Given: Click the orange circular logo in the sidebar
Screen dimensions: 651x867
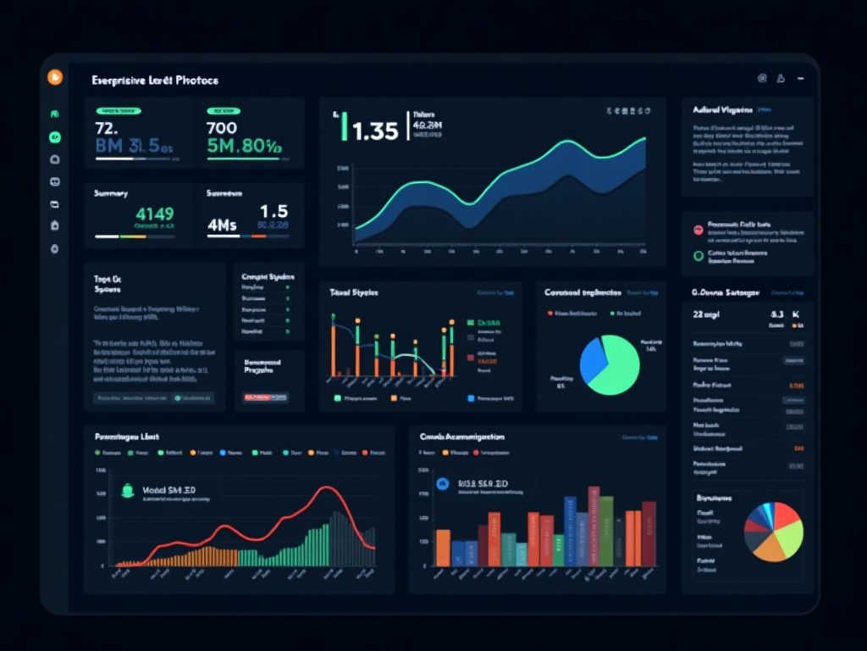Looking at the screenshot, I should (55, 77).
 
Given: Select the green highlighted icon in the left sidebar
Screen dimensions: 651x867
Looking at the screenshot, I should (55, 136).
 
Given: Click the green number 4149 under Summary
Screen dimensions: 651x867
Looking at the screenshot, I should (154, 214).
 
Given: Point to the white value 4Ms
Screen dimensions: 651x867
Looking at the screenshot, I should (222, 225).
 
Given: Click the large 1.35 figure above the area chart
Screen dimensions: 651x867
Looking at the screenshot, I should (374, 131).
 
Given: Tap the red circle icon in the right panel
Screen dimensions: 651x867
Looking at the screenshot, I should (699, 230).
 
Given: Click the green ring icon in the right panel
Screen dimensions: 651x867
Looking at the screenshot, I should (699, 255).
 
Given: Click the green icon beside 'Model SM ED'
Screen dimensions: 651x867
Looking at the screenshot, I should (128, 489).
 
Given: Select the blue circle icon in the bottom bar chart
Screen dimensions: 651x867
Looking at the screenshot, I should (441, 483).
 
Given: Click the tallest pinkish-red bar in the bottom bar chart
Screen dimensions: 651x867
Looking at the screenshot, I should (594, 526).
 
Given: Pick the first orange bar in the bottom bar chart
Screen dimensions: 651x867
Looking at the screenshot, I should (442, 547).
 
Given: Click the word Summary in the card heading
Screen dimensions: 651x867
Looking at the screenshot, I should (111, 193).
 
